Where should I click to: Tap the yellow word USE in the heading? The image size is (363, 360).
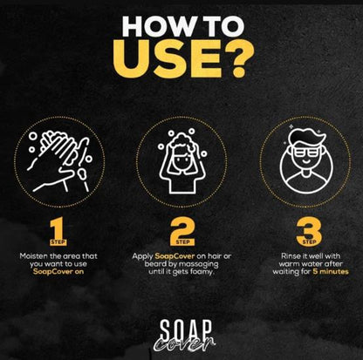pyautogui.click(x=168, y=59)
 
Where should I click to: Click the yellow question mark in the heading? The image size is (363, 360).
pyautogui.click(x=239, y=59)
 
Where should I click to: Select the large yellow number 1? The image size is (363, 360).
pyautogui.click(x=58, y=231)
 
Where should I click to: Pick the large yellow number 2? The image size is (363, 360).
pyautogui.click(x=182, y=231)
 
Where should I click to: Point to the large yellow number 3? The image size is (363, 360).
pyautogui.click(x=309, y=231)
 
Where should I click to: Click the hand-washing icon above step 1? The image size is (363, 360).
pyautogui.click(x=60, y=161)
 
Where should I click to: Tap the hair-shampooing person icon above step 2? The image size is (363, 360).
pyautogui.click(x=182, y=161)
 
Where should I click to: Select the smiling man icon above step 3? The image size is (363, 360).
pyautogui.click(x=306, y=162)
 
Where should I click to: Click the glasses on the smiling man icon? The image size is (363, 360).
pyautogui.click(x=306, y=152)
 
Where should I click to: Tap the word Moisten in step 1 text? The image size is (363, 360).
pyautogui.click(x=31, y=256)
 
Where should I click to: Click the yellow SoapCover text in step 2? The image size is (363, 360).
pyautogui.click(x=175, y=256)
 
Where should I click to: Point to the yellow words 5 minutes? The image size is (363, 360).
pyautogui.click(x=331, y=272)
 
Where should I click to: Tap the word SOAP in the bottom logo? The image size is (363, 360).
pyautogui.click(x=186, y=330)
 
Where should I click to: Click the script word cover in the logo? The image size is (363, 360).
pyautogui.click(x=184, y=344)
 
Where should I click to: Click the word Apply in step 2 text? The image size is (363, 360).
pyautogui.click(x=142, y=257)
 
